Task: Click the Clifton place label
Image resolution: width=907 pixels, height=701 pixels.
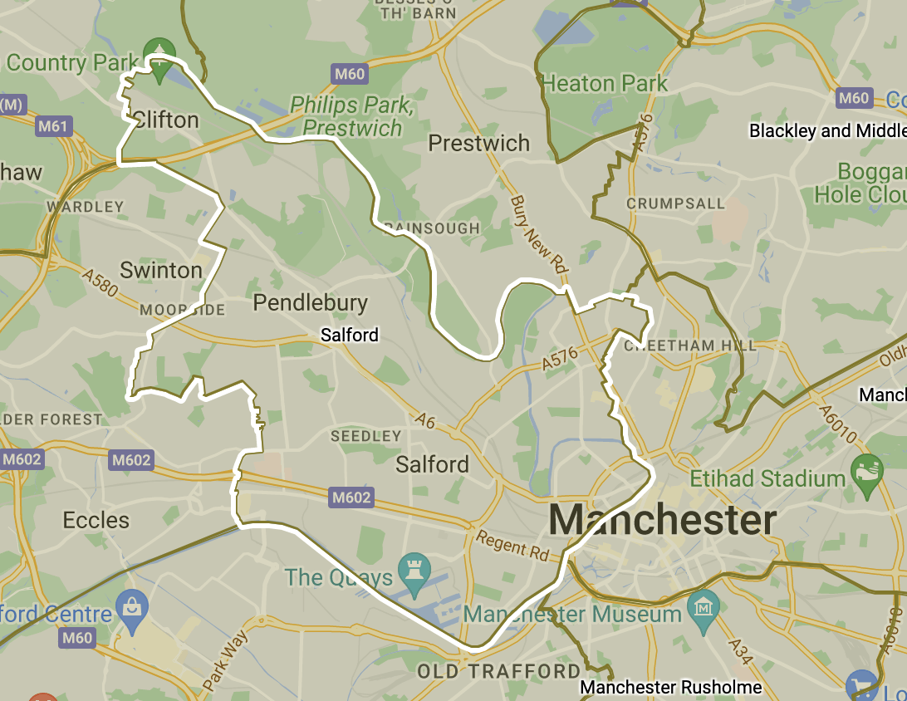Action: (166, 120)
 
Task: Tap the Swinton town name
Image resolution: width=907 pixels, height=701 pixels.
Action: (161, 270)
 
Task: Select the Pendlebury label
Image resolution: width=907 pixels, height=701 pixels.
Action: (310, 302)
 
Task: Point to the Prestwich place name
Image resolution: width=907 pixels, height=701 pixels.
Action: (478, 143)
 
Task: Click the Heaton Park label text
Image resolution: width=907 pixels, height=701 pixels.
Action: (604, 84)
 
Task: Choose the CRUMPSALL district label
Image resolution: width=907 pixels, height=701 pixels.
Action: (675, 203)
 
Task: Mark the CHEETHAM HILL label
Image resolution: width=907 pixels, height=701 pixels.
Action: (689, 346)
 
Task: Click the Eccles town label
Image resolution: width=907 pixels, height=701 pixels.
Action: (96, 521)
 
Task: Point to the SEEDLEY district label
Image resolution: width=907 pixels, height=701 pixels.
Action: (365, 436)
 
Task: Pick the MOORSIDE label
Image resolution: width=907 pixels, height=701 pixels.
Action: (182, 310)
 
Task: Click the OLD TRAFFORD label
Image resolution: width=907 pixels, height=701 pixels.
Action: (498, 671)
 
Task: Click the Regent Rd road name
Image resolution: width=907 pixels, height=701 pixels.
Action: (513, 544)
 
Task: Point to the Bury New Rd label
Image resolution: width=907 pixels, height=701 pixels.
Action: (539, 236)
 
